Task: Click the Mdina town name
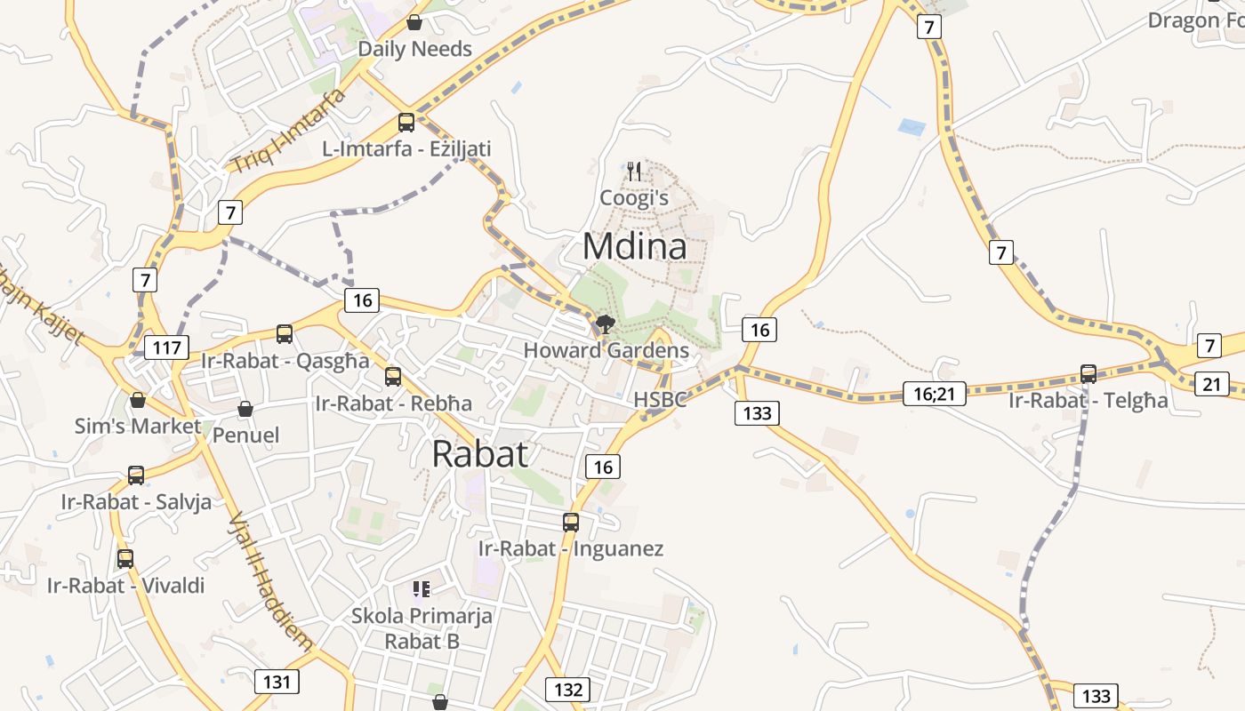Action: pos(634,247)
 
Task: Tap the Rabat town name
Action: pos(480,454)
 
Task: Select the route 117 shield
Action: pos(166,348)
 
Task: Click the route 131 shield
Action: pos(277,682)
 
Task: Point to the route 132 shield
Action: pos(567,690)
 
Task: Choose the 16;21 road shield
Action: pos(934,394)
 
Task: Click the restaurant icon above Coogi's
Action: pos(634,171)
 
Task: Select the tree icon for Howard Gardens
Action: pos(606,324)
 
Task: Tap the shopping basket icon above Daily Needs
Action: pos(414,22)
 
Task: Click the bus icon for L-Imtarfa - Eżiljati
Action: pos(406,123)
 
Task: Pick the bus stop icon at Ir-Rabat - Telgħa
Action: pos(1088,373)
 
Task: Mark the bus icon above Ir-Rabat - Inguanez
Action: pos(571,522)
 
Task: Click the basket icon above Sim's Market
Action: pos(138,400)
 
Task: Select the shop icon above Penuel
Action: pos(245,409)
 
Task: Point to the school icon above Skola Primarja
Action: pos(422,588)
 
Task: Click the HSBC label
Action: pos(660,400)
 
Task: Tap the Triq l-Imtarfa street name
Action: pos(287,131)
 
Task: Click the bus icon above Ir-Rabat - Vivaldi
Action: pos(125,559)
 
